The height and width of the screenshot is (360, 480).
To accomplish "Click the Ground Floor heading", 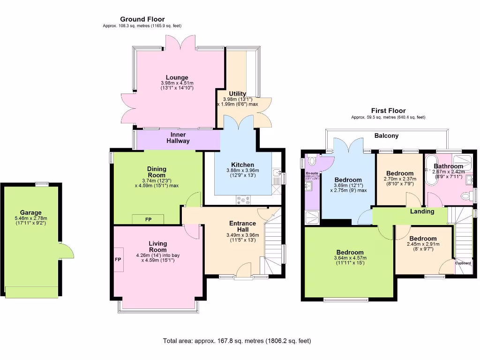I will (143, 19).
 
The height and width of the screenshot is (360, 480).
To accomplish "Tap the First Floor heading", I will (388, 111).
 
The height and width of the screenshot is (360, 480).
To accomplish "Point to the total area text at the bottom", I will (237, 341).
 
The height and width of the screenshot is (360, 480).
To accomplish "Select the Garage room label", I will (30, 212).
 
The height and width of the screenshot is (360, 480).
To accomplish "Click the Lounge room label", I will (177, 77).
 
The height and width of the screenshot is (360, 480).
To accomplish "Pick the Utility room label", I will (237, 94).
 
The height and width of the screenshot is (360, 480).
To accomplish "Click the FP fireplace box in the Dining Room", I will (148, 219).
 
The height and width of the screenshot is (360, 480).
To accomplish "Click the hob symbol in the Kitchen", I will (244, 200).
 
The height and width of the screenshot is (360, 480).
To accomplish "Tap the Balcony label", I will (386, 136).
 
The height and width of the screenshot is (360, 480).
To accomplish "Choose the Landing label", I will (422, 211).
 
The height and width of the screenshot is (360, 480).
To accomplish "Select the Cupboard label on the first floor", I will (463, 263).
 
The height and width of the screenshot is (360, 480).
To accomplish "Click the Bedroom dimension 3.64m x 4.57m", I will (348, 261).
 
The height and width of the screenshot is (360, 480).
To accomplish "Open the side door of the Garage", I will (67, 251).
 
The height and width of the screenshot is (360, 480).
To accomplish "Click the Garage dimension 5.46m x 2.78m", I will (30, 221).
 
